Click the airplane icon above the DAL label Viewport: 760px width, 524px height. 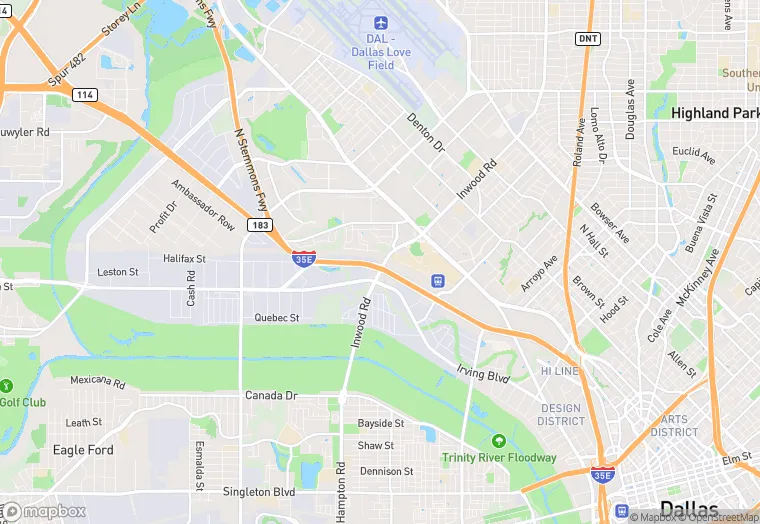tap(379, 23)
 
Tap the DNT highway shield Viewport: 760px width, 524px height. tap(588, 38)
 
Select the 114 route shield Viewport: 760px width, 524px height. tap(84, 95)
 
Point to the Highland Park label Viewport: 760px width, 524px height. tap(714, 113)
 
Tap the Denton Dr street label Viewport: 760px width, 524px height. tap(426, 132)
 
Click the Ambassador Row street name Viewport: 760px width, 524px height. tap(203, 204)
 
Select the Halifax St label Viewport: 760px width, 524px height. tap(184, 258)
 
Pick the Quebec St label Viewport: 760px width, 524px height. tap(277, 318)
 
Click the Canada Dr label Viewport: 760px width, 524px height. tap(272, 396)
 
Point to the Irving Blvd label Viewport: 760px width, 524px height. tap(484, 376)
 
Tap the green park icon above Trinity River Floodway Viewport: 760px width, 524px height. tap(498, 441)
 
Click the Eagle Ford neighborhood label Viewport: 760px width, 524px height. tap(83, 450)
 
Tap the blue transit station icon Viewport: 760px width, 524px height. tap(436, 282)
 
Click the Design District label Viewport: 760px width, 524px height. tap(560, 414)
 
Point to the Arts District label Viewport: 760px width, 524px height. tap(674, 426)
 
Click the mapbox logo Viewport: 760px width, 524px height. tap(45, 511)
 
